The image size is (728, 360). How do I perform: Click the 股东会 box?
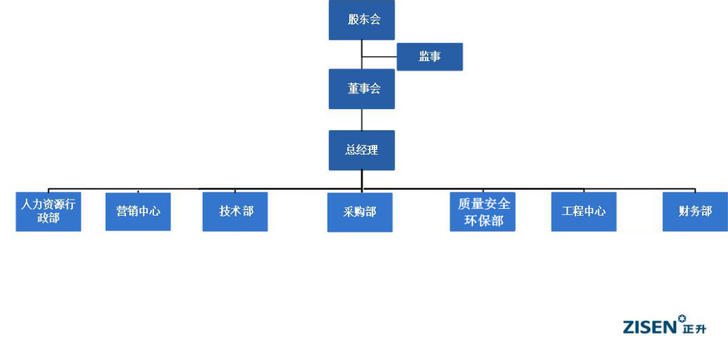pyautogui.click(x=361, y=20)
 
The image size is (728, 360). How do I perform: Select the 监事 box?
pyautogui.click(x=429, y=57)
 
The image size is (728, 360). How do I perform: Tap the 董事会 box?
pyautogui.click(x=361, y=89)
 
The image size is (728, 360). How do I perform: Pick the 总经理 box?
pyautogui.click(x=361, y=150)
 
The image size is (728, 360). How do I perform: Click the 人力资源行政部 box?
pyautogui.click(x=48, y=212)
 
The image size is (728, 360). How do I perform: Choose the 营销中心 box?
pyautogui.click(x=138, y=212)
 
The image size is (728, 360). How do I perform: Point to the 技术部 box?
pyautogui.click(x=235, y=212)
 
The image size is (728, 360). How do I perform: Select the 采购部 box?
pyautogui.click(x=360, y=212)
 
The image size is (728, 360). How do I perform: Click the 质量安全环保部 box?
pyautogui.click(x=484, y=212)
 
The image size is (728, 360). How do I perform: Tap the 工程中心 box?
pyautogui.click(x=584, y=212)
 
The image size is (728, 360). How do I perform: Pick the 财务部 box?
pyautogui.click(x=694, y=212)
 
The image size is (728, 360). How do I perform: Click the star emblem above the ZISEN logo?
pyautogui.click(x=682, y=319)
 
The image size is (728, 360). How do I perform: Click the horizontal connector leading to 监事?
pyautogui.click(x=379, y=57)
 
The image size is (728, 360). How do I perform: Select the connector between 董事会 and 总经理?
pyautogui.click(x=362, y=120)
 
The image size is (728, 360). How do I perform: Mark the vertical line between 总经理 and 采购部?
pyautogui.click(x=362, y=181)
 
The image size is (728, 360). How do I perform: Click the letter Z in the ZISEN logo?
pyautogui.click(x=628, y=327)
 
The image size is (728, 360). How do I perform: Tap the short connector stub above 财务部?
pyautogui.click(x=694, y=191)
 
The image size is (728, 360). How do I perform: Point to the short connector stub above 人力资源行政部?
pyautogui.click(x=48, y=191)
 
